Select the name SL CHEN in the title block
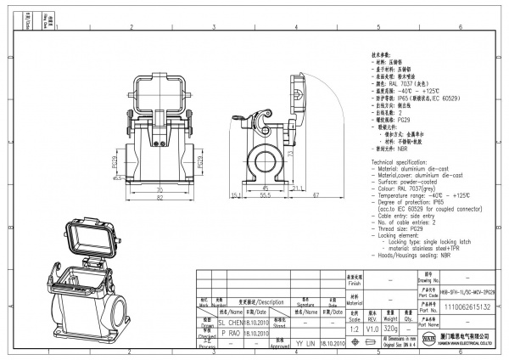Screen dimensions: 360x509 (230, 323)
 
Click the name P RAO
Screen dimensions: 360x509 (230, 335)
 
